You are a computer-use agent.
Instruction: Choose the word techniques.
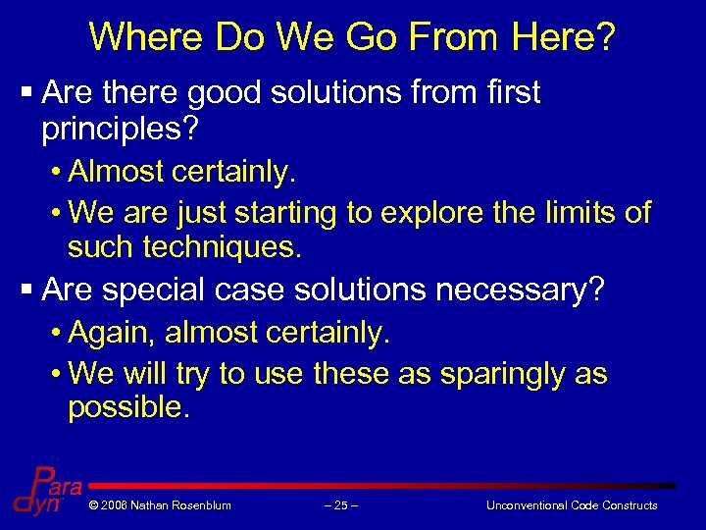click(222, 247)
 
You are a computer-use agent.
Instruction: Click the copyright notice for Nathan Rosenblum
click(160, 505)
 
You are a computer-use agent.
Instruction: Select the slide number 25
click(340, 505)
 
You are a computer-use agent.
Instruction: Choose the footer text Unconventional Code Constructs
click(572, 505)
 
